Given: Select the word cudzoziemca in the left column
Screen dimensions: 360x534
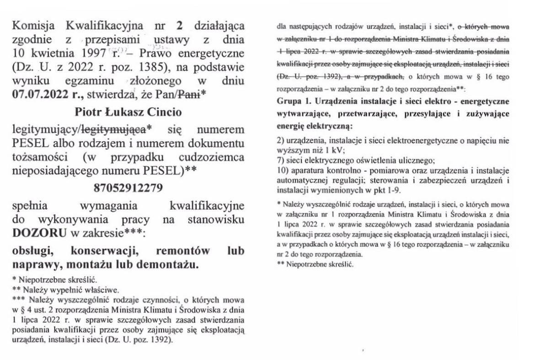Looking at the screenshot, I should point(211,158).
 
